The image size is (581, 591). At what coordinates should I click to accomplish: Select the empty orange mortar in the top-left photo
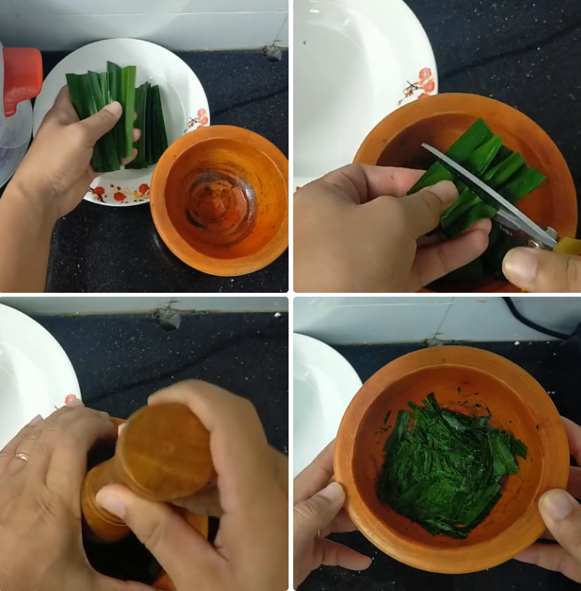pos(220,199)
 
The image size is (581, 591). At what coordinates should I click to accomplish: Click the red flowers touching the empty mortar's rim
pos(197,118)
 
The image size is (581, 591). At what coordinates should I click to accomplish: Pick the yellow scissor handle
pos(569,246)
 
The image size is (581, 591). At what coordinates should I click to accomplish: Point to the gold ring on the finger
pos(21,457)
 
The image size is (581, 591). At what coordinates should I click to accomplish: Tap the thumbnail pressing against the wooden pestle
pos(112,503)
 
